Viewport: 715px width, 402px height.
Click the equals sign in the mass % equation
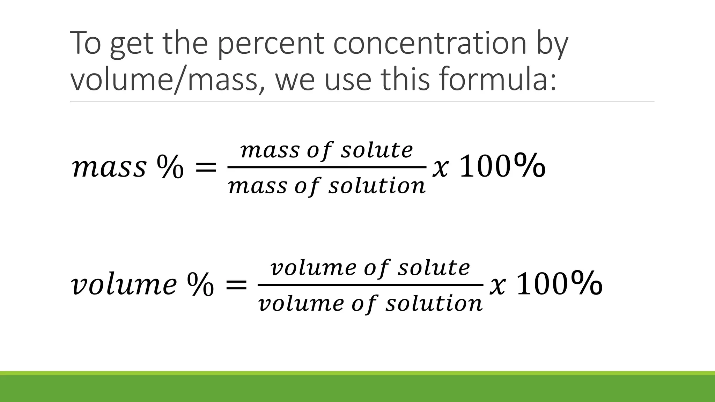[x=205, y=168]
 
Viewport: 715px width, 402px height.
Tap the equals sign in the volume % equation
[x=236, y=285]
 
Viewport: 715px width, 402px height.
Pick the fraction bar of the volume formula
[x=370, y=285]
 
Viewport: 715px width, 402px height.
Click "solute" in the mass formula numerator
[x=377, y=151]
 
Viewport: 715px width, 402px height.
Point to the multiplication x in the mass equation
[x=440, y=169]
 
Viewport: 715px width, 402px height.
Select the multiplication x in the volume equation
[x=497, y=286]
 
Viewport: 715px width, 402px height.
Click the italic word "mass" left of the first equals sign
[x=109, y=168]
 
